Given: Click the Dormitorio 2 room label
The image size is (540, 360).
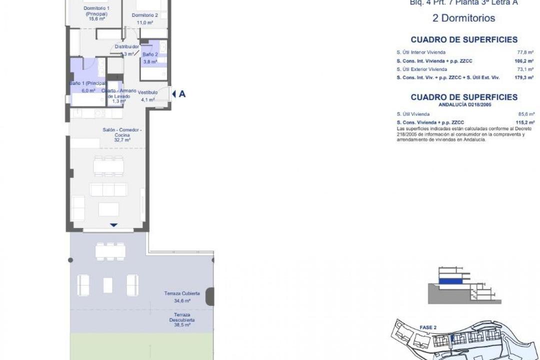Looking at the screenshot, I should pyautogui.click(x=145, y=15).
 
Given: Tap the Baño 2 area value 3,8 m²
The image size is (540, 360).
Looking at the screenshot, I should pyautogui.click(x=150, y=62).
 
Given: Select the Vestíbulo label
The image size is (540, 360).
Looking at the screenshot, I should pyautogui.click(x=148, y=92).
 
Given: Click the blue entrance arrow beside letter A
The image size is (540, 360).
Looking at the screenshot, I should pyautogui.click(x=174, y=93).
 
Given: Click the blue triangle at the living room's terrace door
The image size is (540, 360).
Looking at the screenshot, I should pyautogui.click(x=113, y=225).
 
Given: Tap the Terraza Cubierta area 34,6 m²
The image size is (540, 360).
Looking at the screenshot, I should pyautogui.click(x=182, y=301).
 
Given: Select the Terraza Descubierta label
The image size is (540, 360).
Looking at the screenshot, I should pyautogui.click(x=182, y=317).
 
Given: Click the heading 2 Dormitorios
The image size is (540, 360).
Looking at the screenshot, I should pyautogui.click(x=463, y=18).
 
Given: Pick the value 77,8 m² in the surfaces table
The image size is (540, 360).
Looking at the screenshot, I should pyautogui.click(x=526, y=52).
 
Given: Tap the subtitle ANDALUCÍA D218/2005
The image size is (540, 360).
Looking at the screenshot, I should pyautogui.click(x=463, y=105).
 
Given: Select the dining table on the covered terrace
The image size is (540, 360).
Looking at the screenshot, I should pyautogui.click(x=110, y=251).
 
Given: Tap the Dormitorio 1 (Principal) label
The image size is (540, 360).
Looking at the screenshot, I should pyautogui.click(x=96, y=13).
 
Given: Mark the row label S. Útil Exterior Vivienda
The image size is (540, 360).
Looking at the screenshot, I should pyautogui.click(x=421, y=69).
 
